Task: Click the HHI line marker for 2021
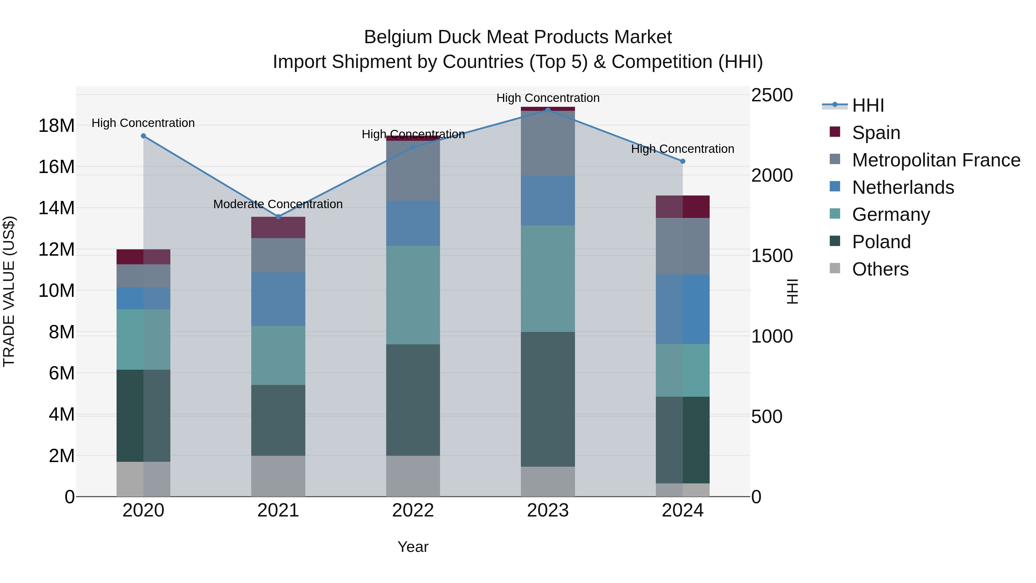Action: click(278, 217)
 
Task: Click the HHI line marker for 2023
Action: click(548, 110)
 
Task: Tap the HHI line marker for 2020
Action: click(143, 136)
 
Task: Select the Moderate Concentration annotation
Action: click(278, 204)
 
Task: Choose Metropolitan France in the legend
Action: click(936, 160)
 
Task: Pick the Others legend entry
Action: click(880, 269)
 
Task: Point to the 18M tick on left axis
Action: click(56, 126)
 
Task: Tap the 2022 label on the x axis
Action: click(413, 510)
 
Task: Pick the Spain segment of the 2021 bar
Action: click(278, 227)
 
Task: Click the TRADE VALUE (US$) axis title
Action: click(9, 291)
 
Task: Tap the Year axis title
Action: click(413, 547)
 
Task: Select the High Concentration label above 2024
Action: click(683, 149)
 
